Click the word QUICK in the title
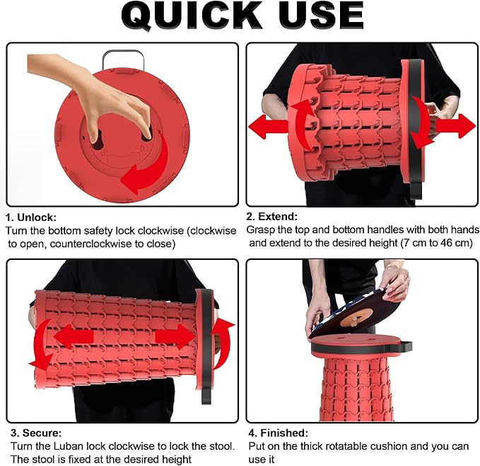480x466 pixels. coord(192,16)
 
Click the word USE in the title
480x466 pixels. coord(321,16)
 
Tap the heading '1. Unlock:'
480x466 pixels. coord(31,217)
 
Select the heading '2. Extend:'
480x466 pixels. coord(272,217)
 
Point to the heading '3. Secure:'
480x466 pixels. coord(36,433)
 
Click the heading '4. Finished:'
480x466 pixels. coord(279,433)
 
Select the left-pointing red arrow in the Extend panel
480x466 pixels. coord(267,127)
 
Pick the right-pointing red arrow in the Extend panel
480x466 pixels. coord(455,126)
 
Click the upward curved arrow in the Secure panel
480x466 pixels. coord(223,343)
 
